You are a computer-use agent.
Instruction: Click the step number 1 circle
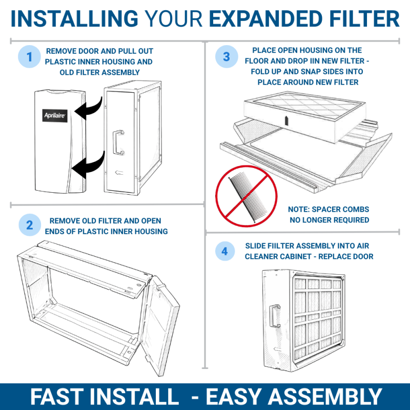click(x=29, y=56)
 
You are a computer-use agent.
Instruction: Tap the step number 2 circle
click(x=30, y=225)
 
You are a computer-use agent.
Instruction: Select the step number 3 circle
click(x=227, y=56)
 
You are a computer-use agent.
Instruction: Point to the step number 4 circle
click(x=224, y=251)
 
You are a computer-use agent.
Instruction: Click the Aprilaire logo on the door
click(x=55, y=116)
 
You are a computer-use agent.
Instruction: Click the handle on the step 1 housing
click(x=118, y=142)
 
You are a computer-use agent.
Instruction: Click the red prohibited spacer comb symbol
click(x=247, y=196)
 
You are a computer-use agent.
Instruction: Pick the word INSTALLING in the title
click(x=74, y=19)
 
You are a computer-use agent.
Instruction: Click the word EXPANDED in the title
click(x=265, y=19)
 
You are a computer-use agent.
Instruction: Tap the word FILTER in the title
click(x=364, y=19)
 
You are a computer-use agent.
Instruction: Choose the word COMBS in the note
click(x=358, y=209)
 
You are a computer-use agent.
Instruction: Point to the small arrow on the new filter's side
click(x=286, y=120)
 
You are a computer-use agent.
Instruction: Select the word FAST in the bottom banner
click(x=57, y=397)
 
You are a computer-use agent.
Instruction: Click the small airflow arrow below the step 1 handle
click(x=119, y=172)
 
